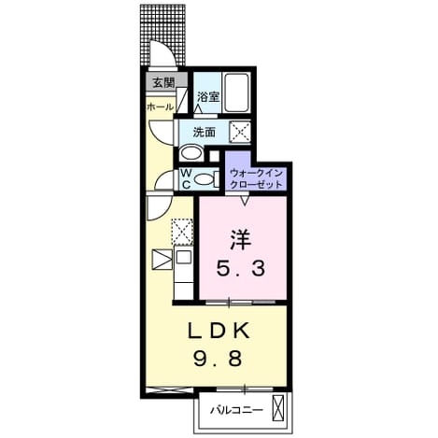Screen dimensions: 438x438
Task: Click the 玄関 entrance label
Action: pos(163,82)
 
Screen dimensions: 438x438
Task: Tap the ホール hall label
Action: pos(160,107)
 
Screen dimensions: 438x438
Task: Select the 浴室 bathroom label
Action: pos(208,96)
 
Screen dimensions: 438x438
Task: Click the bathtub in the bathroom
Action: pos(237,92)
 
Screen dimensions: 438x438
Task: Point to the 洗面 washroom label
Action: pos(205,132)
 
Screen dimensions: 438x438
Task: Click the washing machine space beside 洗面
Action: pos(240,132)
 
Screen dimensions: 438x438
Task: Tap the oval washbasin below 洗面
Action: pos(191,153)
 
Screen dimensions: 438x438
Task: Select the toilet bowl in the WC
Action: pos(204,179)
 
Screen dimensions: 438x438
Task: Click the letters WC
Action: pos(186,178)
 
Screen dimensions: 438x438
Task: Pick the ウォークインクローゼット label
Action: pos(256,179)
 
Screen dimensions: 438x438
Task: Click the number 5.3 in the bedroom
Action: pos(241,268)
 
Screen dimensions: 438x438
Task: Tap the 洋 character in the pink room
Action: pos(241,239)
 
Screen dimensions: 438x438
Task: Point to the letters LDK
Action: pos(219,331)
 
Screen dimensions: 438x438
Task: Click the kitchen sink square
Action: pos(184,257)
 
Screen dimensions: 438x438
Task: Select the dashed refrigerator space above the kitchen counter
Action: pos(183,232)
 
